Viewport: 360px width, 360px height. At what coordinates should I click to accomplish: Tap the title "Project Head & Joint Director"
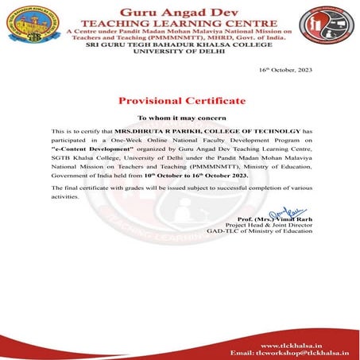tap(270, 225)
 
